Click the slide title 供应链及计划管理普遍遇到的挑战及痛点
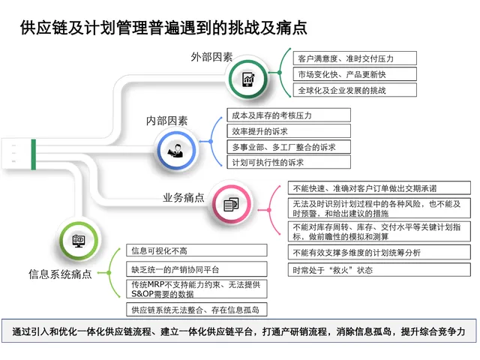pyautogui.click(x=163, y=28)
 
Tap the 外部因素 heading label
pyautogui.click(x=211, y=56)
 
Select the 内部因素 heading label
pyautogui.click(x=166, y=120)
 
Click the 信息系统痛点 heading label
pyautogui.click(x=60, y=274)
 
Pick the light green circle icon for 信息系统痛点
pyautogui.click(x=78, y=241)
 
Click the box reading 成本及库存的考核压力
pyautogui.click(x=289, y=115)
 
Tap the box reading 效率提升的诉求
pyautogui.click(x=289, y=130)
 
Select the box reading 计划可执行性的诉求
pyautogui.click(x=289, y=161)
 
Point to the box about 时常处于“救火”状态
pyautogui.click(x=382, y=270)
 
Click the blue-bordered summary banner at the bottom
pyautogui.click(x=240, y=331)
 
